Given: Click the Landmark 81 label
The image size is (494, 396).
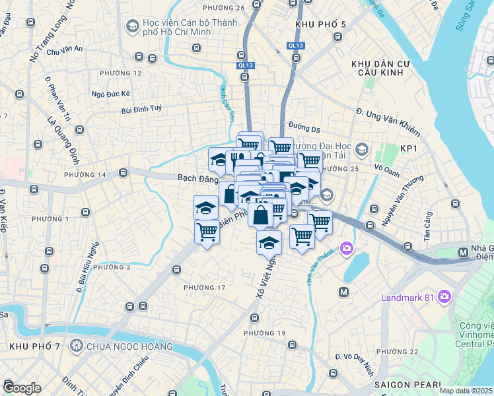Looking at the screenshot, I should [407, 297].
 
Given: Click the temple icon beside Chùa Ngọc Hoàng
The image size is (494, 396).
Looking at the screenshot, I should [77, 346].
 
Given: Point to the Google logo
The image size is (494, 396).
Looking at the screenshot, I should [21, 387].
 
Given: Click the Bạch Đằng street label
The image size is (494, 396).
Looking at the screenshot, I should [197, 178].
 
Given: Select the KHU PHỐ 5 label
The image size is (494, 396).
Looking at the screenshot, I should [322, 25].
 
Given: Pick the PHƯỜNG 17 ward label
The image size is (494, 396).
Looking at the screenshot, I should [204, 288].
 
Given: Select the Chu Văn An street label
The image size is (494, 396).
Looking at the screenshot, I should [65, 49].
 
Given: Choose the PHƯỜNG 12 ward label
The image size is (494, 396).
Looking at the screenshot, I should [120, 73].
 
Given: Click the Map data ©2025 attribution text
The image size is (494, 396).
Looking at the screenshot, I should [466, 391].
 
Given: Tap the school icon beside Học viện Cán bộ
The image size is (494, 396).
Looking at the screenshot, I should [131, 26].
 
